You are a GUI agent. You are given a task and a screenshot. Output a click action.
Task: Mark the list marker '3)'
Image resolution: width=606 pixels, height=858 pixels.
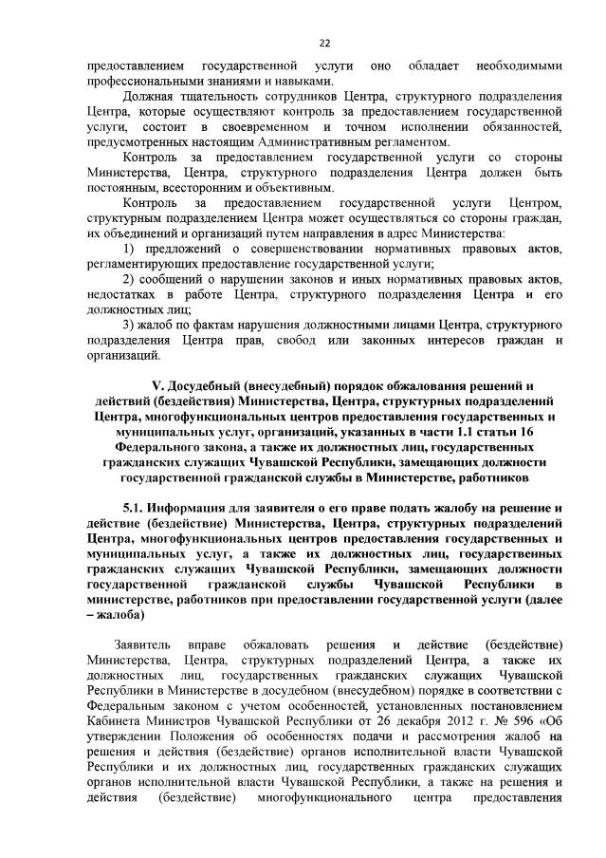pos(129,326)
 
